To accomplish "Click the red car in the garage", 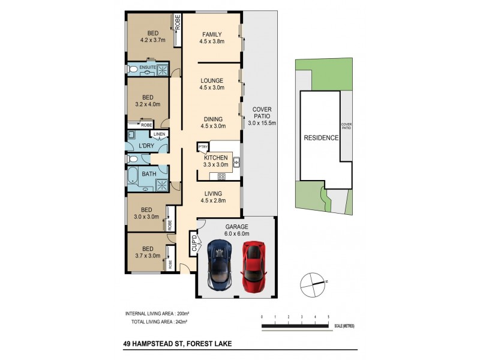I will coord(254,265).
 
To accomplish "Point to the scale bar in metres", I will coord(298,326).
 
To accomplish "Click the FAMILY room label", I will coord(212,34).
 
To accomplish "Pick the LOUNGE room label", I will coord(212,80).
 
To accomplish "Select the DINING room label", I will coord(212,119).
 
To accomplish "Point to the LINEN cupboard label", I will coord(158,134).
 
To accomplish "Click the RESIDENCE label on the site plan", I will coord(321,137).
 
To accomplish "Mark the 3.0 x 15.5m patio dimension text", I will coord(261,123).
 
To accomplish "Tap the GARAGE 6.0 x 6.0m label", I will coord(236,230).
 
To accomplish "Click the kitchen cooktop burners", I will coord(221,176).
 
